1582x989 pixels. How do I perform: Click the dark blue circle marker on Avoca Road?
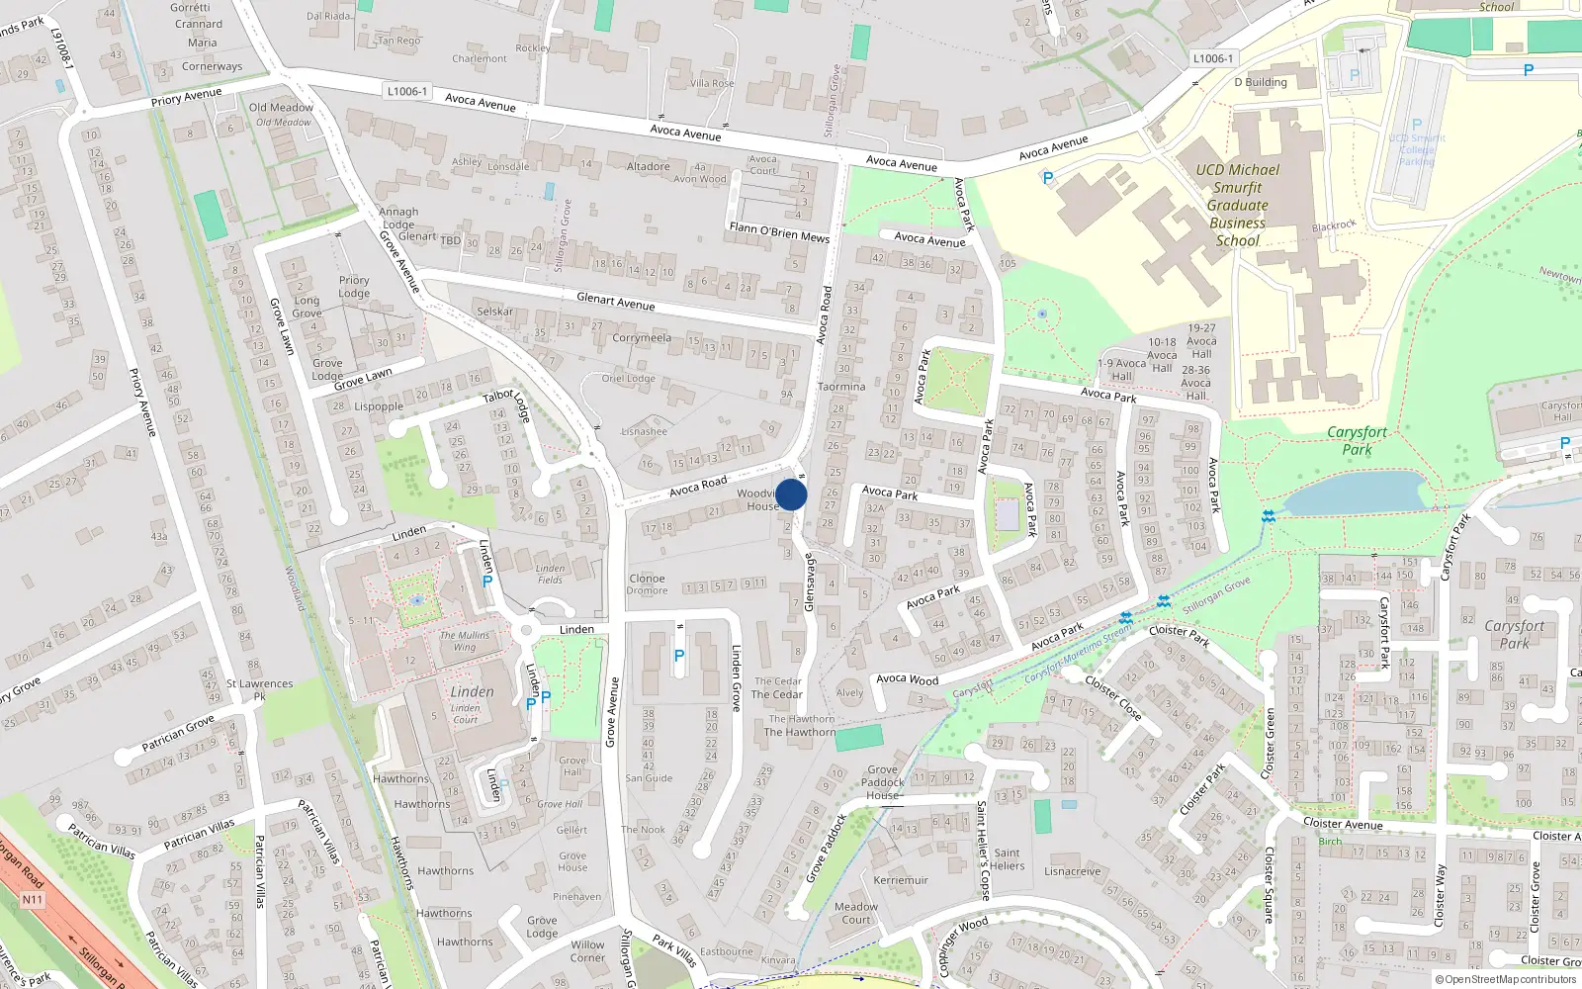(791, 495)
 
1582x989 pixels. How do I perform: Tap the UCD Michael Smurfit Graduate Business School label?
(1237, 205)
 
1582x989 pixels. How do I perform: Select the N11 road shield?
(33, 900)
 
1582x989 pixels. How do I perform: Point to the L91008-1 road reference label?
(61, 46)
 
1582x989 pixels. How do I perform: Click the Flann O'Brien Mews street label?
(779, 232)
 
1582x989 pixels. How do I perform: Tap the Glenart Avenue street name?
(615, 302)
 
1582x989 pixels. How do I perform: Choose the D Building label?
(1260, 82)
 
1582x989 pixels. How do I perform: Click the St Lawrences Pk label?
(259, 689)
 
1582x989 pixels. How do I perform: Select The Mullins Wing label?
(465, 641)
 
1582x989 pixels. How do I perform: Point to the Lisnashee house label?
(644, 431)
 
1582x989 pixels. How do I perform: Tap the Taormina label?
(841, 387)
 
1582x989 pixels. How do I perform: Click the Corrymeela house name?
(641, 338)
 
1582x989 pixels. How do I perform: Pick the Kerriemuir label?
(901, 880)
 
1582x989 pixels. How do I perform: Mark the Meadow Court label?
(856, 913)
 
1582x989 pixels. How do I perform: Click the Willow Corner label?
(587, 950)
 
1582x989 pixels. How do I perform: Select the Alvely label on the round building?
(849, 692)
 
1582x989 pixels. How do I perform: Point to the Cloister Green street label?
(1270, 743)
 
